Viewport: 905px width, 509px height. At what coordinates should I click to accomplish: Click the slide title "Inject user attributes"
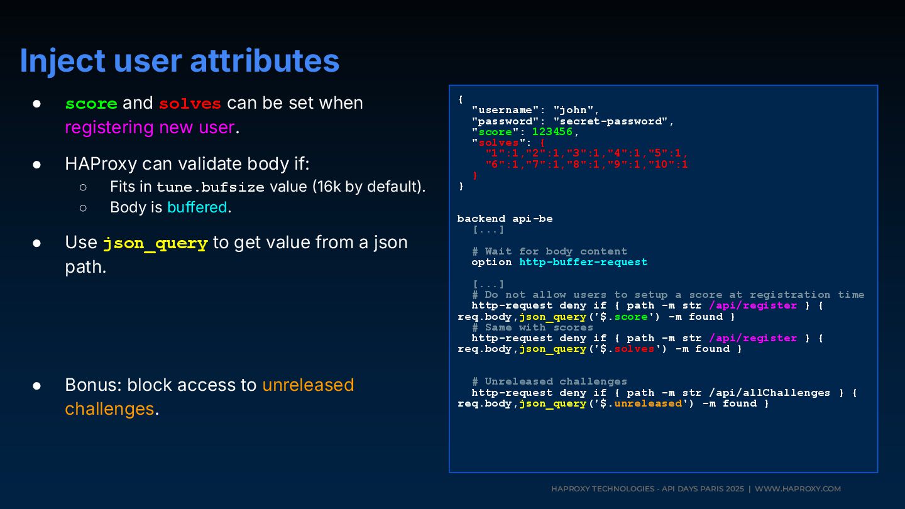click(x=180, y=61)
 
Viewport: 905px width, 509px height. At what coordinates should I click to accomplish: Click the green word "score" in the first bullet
click(x=91, y=103)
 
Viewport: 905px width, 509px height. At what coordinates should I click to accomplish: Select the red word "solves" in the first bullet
click(x=190, y=103)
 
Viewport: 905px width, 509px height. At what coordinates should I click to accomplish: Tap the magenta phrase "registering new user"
click(x=150, y=128)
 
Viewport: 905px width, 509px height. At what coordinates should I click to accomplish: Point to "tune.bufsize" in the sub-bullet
click(x=211, y=187)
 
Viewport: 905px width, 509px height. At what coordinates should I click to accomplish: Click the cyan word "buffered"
click(x=197, y=207)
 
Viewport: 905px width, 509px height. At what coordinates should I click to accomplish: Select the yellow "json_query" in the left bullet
click(x=155, y=243)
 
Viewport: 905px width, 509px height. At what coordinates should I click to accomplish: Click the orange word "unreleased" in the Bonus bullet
click(x=308, y=385)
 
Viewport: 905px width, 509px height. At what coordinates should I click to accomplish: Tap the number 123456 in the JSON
click(x=552, y=132)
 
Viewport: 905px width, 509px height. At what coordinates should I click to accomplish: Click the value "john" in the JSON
click(x=573, y=110)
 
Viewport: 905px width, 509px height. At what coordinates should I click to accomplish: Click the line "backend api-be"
click(x=505, y=219)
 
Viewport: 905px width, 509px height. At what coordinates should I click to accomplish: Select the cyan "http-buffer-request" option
click(x=583, y=262)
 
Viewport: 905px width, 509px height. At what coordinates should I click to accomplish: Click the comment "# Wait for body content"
click(x=549, y=251)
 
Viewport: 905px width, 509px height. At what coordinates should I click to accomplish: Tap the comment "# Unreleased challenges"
click(x=549, y=381)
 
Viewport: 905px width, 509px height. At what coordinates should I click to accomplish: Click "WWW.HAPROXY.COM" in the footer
click(x=798, y=489)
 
